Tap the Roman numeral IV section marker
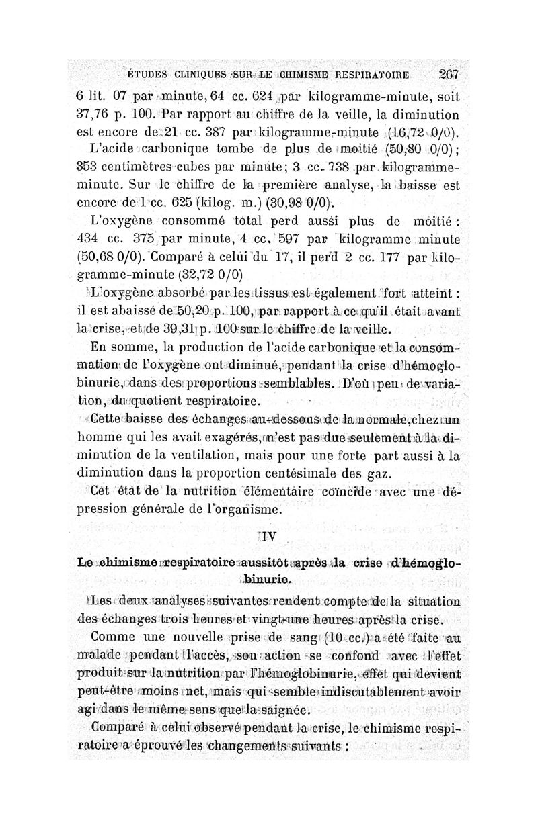click(267, 537)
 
